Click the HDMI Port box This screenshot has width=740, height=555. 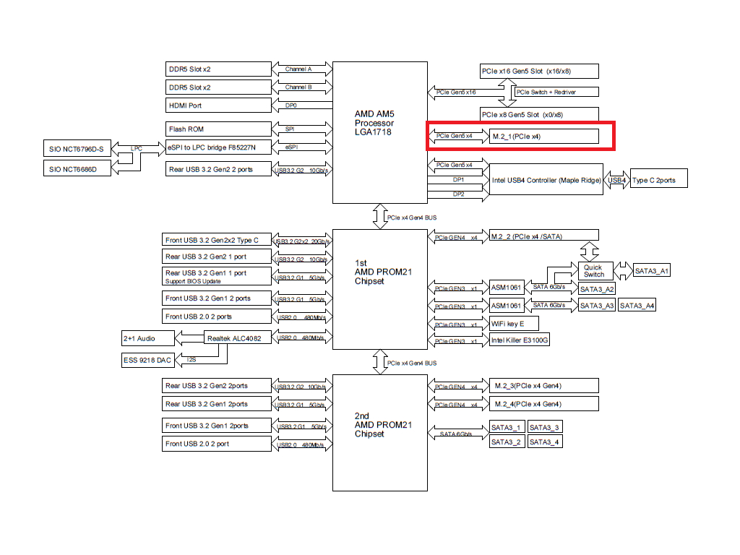pos(218,106)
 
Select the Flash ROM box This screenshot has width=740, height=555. pos(218,129)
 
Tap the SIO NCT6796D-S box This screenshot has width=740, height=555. pos(77,149)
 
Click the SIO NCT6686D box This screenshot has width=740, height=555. pos(77,168)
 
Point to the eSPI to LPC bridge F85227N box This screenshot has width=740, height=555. pos(218,147)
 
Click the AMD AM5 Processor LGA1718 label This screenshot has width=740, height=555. pos(374,123)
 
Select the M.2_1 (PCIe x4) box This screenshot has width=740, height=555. pos(544,137)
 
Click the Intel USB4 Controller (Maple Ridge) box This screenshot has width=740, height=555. pos(546,179)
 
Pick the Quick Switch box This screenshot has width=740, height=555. pos(595,270)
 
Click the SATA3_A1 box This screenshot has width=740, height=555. pos(651,270)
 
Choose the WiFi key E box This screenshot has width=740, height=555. pos(514,323)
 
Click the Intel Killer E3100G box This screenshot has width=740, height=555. pos(520,340)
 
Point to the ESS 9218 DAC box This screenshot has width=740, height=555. pos(147,360)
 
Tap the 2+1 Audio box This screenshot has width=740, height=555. pos(147,338)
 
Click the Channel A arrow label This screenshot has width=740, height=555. pos(298,69)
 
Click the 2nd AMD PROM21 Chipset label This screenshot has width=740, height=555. pos(383,425)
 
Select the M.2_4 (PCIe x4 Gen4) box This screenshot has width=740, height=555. pos(544,404)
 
